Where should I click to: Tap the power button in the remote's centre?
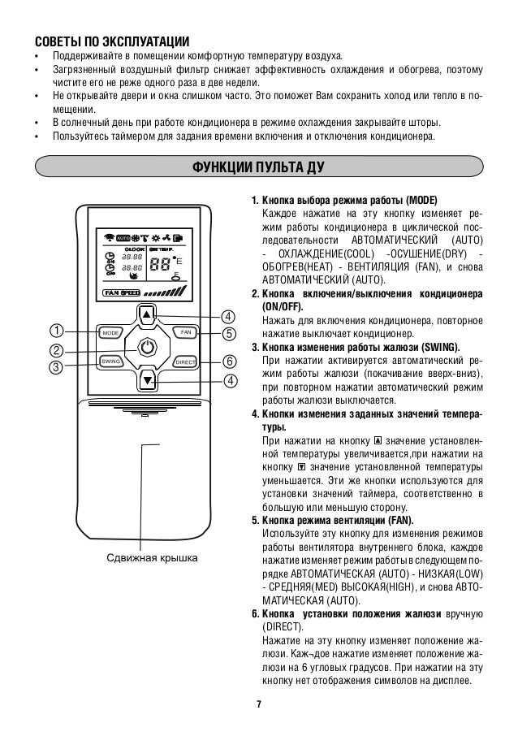click(x=147, y=347)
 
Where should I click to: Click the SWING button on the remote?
click(x=110, y=361)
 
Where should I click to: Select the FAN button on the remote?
click(x=184, y=333)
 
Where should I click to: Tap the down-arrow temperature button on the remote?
click(x=147, y=380)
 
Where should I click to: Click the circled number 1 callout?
click(x=57, y=331)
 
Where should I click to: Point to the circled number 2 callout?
click(x=57, y=350)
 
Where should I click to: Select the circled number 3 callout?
click(x=57, y=367)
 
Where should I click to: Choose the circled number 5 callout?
click(x=229, y=333)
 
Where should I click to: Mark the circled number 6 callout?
click(x=229, y=361)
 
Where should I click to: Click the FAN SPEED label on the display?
click(x=122, y=292)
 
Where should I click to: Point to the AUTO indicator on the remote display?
click(x=123, y=237)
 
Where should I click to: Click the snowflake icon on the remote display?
click(x=136, y=237)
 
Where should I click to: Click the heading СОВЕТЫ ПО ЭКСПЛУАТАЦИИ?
click(x=110, y=41)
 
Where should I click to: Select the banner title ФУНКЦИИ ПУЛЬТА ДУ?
click(x=258, y=169)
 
